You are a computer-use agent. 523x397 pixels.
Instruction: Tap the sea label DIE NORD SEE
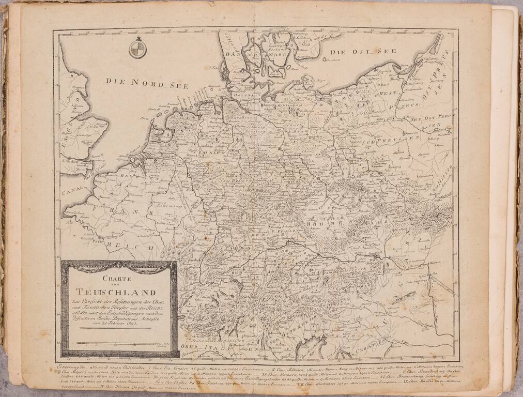[x=147, y=82]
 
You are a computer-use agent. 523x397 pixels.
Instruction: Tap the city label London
[x=69, y=161]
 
